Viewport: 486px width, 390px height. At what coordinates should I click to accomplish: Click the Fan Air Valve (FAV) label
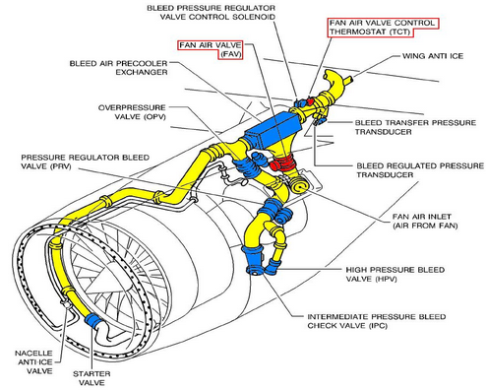211,49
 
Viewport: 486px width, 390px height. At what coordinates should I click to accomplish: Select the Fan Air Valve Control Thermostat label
383,28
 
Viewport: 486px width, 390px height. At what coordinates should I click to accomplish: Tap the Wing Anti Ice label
433,56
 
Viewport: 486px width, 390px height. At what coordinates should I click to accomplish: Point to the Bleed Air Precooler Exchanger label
118,68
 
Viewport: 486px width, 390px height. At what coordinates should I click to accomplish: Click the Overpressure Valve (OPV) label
132,112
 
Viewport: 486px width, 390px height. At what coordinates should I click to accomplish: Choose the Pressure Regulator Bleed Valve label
86,162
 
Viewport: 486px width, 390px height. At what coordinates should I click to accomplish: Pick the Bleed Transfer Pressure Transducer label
415,127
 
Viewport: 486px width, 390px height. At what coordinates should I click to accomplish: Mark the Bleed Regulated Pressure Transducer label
420,170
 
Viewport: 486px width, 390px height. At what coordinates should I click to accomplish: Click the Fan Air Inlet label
425,221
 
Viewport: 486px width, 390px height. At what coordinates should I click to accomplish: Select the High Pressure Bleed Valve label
395,274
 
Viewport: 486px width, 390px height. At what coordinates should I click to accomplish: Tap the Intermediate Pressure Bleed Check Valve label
377,321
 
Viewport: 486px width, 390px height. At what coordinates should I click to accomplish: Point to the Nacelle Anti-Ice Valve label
33,362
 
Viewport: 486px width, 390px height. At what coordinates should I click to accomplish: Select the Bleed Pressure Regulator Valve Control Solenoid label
212,12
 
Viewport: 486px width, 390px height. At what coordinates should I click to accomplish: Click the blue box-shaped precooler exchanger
273,130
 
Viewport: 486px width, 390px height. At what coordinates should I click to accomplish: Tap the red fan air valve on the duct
282,162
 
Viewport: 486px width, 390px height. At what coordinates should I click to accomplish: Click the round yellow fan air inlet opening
300,185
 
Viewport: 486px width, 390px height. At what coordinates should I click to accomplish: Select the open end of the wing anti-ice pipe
329,75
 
